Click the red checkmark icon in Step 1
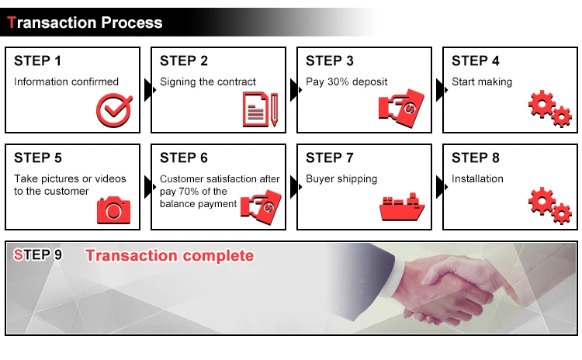(x=114, y=110)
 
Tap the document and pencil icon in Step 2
(x=260, y=109)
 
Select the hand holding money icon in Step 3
(x=401, y=109)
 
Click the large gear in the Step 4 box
(x=542, y=104)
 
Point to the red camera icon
(x=113, y=210)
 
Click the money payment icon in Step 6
(x=261, y=207)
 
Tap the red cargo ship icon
(x=402, y=206)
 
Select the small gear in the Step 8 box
(x=561, y=213)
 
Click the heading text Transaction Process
(x=85, y=22)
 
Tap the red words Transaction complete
(x=170, y=256)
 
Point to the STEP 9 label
(x=37, y=255)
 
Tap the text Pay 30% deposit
(x=347, y=81)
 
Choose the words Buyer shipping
(x=341, y=179)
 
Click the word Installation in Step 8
(x=477, y=179)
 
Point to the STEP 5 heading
(x=38, y=157)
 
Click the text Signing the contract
(x=208, y=82)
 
